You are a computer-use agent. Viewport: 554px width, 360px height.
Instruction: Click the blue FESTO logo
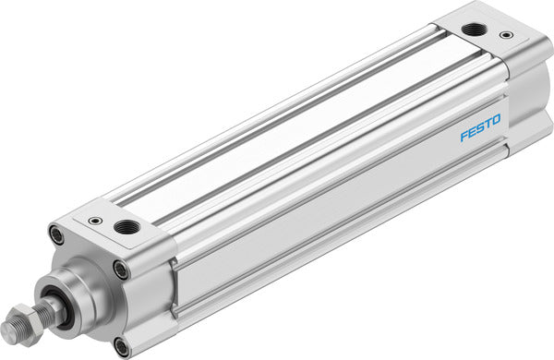pyautogui.click(x=480, y=128)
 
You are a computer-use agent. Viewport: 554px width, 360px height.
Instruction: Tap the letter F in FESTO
pyautogui.click(x=465, y=136)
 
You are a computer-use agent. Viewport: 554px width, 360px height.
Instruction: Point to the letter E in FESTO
pyautogui.click(x=473, y=132)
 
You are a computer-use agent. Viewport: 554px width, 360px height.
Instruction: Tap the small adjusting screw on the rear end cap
pyautogui.click(x=505, y=36)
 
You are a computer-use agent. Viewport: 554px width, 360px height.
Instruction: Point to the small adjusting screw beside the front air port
pyautogui.click(x=95, y=221)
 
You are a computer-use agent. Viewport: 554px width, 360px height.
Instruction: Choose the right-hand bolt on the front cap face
pyautogui.click(x=121, y=270)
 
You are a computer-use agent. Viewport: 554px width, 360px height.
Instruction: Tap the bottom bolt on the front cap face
pyautogui.click(x=122, y=346)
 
